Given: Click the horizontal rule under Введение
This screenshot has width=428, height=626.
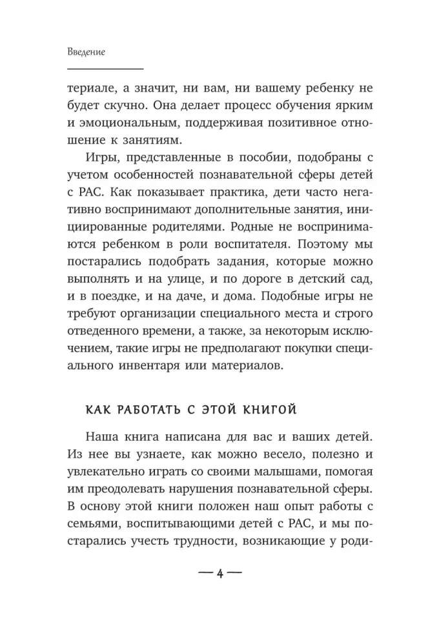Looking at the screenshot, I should coord(105,68).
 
